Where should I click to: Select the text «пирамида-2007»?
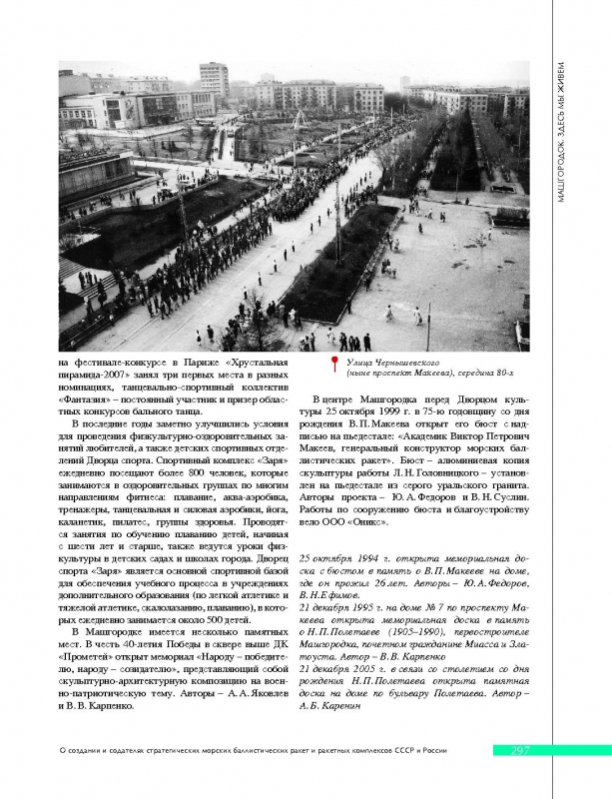coord(96,374)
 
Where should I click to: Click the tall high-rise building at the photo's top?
coord(213,80)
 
